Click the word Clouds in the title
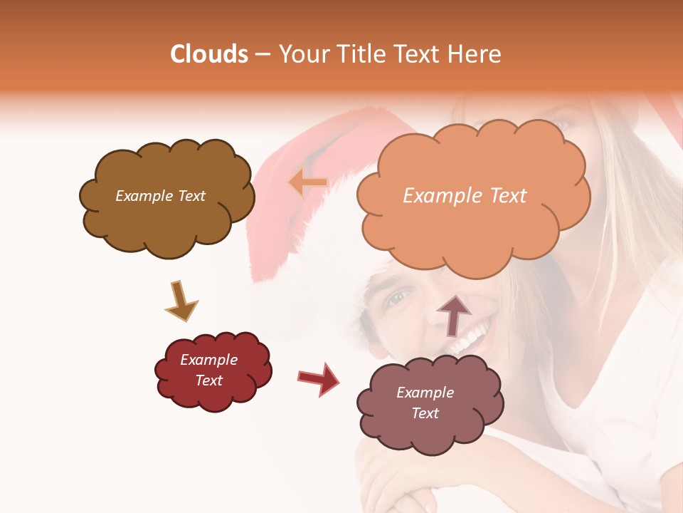coord(209,54)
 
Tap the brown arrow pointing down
coord(181,301)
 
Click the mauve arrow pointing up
coord(454,314)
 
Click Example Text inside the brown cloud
coord(160,196)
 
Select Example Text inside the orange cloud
coord(465,196)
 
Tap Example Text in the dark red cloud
coord(209,370)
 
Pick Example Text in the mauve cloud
coord(425,403)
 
